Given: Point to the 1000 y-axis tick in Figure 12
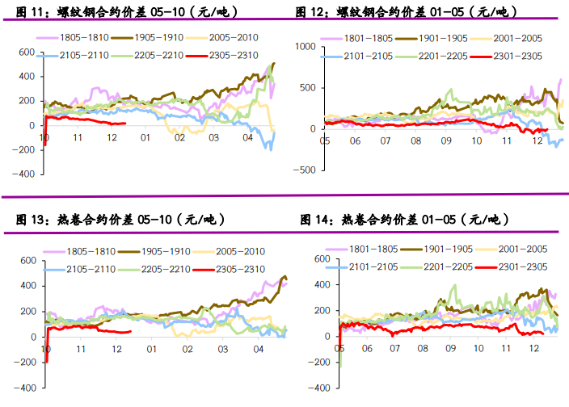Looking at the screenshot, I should click(307, 46).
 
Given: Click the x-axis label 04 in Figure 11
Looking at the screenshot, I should click(248, 138).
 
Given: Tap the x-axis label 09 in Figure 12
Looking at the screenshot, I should click(445, 141).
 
